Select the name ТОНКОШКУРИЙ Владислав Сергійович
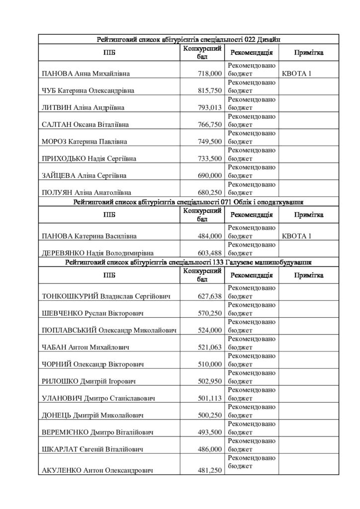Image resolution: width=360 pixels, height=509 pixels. point(106,297)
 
